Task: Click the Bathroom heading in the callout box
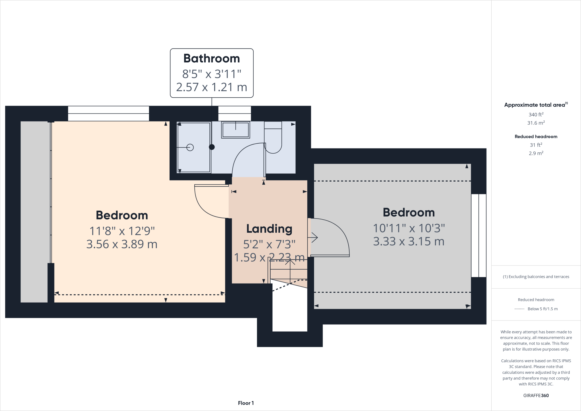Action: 212,58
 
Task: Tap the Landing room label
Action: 269,229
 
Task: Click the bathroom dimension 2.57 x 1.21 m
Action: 212,87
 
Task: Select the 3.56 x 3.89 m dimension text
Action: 122,244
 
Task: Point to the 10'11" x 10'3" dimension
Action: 409,228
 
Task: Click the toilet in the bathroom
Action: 273,138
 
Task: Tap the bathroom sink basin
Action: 235,130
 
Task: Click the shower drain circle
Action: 190,148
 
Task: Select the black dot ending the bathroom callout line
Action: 212,147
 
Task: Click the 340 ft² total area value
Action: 536,115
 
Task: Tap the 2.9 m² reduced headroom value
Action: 536,153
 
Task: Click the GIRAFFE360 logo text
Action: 536,395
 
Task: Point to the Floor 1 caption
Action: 246,403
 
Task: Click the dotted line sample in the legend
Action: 519,309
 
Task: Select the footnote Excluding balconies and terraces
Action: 536,277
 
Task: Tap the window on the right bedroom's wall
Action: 479,236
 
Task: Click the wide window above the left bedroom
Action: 108,114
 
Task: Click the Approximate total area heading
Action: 535,105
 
